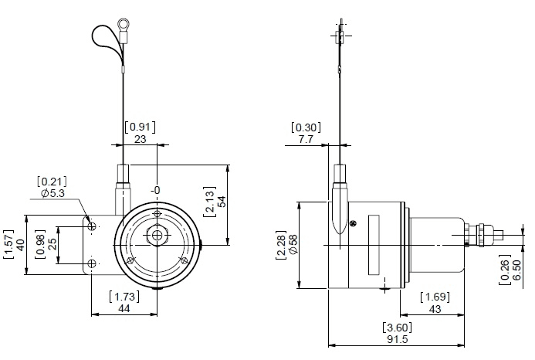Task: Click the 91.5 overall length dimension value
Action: tap(397, 339)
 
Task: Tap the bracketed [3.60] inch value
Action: tap(397, 328)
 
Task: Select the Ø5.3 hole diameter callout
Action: tap(53, 193)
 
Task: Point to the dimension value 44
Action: tap(124, 308)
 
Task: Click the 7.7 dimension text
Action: tap(306, 139)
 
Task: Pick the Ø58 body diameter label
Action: tap(293, 244)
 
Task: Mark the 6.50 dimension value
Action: tap(516, 270)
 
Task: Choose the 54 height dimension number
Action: tap(222, 202)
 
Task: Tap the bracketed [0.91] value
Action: tap(140, 127)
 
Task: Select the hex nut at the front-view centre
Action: tap(157, 236)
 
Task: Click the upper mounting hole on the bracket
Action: tap(92, 226)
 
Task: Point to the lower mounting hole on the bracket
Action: tap(92, 263)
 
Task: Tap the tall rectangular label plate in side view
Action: tap(374, 245)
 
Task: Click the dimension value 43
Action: tap(435, 309)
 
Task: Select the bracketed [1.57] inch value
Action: tap(8, 245)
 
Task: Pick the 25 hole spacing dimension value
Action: tap(52, 244)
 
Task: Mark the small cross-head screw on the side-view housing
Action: tap(354, 224)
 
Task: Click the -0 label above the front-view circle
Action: tap(156, 190)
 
